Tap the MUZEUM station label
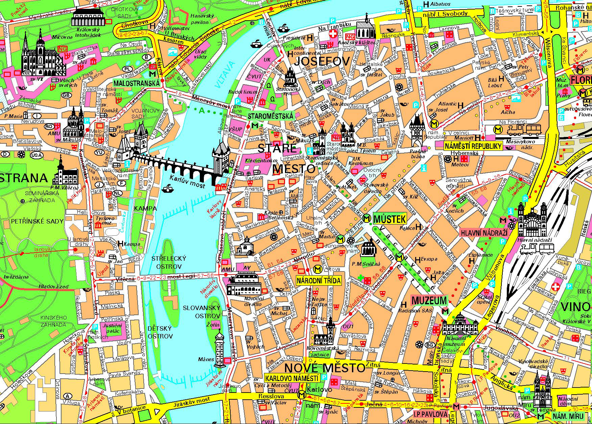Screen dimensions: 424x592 pos(429,300)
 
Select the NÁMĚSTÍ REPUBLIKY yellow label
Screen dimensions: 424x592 pos(473,146)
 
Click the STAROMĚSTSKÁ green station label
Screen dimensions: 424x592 pos(270,116)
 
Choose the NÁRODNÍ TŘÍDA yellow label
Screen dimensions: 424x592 pos(318,280)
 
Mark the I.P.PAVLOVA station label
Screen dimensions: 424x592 pos(430,414)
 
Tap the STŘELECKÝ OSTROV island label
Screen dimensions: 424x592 pos(169,262)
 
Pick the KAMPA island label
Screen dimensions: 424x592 pos(145,209)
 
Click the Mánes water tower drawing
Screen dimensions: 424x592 pos(220,348)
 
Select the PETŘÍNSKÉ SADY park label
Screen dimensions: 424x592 pos(37,221)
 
